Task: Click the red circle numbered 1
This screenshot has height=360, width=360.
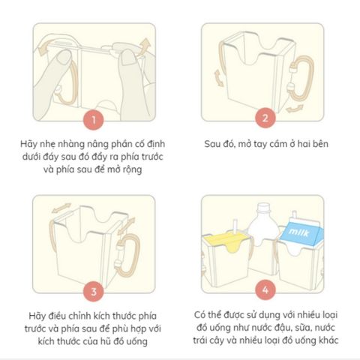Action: (94, 120)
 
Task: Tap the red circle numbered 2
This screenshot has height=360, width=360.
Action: (265, 118)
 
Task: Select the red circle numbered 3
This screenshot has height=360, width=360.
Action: (94, 292)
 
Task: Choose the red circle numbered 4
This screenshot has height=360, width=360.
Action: (265, 290)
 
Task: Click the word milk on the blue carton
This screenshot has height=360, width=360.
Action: (298, 232)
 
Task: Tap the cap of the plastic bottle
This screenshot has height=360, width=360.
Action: (263, 208)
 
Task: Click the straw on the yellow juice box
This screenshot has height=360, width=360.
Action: (235, 226)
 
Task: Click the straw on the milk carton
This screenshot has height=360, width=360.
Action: (295, 214)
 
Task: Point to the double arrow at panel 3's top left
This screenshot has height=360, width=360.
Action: (61, 208)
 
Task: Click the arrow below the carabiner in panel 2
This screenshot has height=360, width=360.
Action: (295, 108)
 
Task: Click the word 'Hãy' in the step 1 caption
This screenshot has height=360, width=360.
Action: (28, 144)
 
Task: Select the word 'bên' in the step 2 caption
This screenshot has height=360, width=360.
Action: (319, 144)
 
